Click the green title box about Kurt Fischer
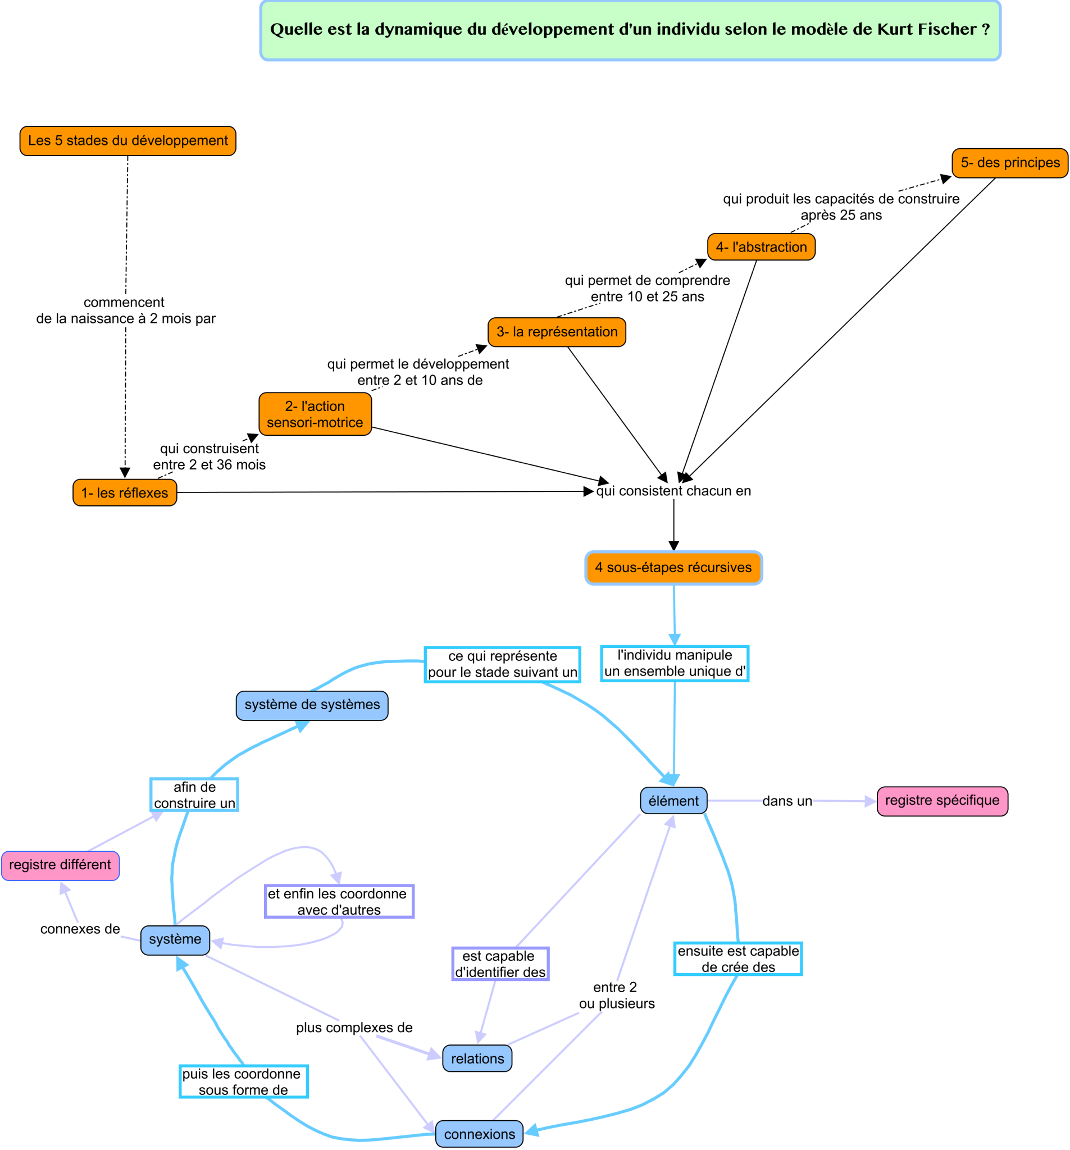(630, 30)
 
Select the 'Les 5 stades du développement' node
(128, 140)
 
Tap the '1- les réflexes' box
(125, 493)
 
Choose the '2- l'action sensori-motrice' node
(315, 414)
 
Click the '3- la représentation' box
(556, 332)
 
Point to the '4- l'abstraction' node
(761, 247)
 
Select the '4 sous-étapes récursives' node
(673, 568)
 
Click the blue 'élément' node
(673, 801)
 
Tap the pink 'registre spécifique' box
(941, 801)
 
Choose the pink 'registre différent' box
(60, 865)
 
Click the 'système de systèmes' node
(312, 705)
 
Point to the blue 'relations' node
(477, 1058)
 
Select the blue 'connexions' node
(479, 1134)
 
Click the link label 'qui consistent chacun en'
(673, 491)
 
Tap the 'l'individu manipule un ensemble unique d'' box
(674, 663)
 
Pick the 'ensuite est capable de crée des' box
(738, 959)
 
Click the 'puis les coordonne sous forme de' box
(243, 1081)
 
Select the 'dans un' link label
(786, 801)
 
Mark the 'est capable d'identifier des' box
(500, 964)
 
